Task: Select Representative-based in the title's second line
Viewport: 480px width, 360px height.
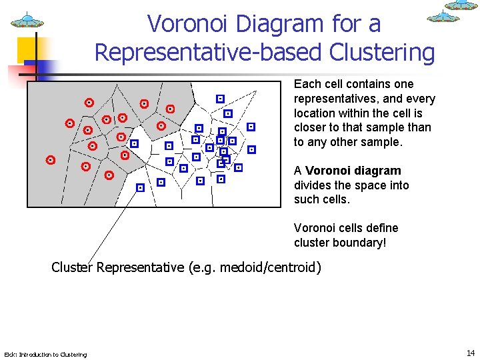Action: [x=208, y=51]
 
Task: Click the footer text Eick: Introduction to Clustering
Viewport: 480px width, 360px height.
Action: [x=45, y=354]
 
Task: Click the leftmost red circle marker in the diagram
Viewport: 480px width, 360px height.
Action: [x=50, y=160]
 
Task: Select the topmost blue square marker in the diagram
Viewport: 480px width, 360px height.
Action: [x=220, y=99]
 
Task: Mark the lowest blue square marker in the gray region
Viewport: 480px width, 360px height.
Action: [x=140, y=188]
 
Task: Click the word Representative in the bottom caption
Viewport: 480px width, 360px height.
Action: [x=140, y=268]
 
